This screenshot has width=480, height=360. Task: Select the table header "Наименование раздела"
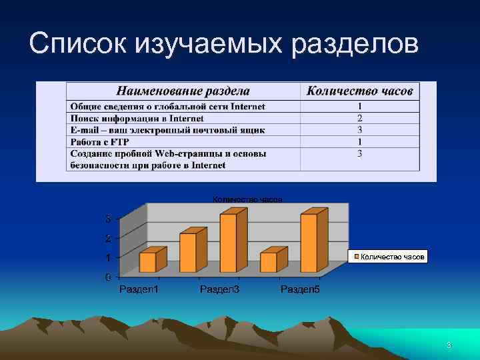coord(183,91)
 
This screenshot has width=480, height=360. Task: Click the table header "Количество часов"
coord(359,91)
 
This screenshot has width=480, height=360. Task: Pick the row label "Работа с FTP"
coord(101,141)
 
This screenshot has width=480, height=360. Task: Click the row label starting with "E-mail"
coord(167,130)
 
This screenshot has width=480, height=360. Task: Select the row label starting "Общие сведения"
coord(167,107)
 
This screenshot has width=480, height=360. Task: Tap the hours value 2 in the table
coord(359,118)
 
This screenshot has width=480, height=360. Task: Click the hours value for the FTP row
coord(359,141)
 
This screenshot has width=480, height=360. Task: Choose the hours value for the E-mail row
coord(359,130)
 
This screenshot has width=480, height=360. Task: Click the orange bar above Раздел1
coord(147,261)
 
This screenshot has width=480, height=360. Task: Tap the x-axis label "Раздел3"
coord(219,289)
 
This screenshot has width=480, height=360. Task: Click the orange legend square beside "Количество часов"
coord(357,257)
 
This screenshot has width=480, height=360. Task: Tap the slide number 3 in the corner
coord(449,345)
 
